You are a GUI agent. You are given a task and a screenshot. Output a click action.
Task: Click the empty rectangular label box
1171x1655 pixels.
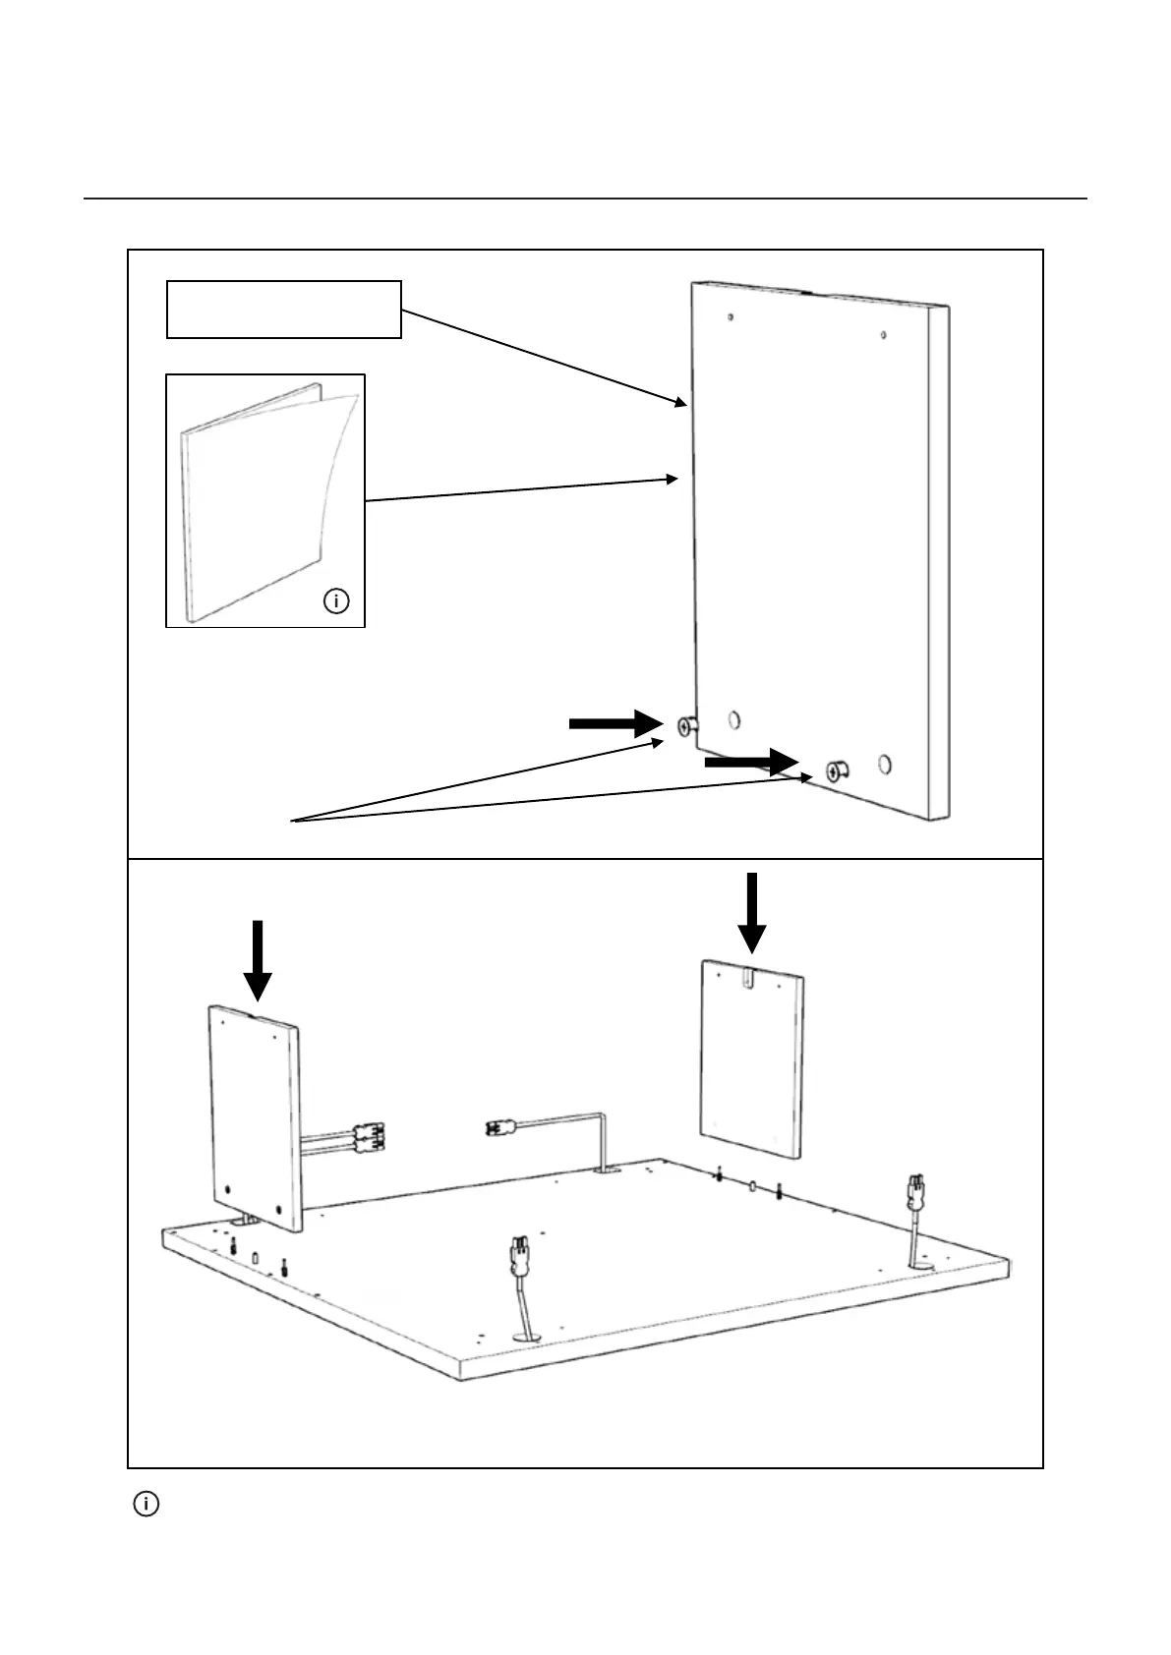click(284, 310)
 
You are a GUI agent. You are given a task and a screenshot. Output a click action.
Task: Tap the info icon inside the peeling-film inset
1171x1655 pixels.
click(336, 600)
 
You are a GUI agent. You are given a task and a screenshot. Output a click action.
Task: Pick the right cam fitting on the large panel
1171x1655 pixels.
click(839, 770)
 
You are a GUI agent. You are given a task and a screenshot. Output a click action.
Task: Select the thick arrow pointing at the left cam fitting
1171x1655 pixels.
click(615, 724)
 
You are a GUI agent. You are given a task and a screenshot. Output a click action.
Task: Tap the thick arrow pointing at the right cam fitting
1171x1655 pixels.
click(750, 762)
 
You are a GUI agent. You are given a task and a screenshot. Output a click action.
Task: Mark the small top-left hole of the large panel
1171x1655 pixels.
click(732, 317)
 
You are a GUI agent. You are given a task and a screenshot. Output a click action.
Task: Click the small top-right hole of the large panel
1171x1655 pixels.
click(884, 335)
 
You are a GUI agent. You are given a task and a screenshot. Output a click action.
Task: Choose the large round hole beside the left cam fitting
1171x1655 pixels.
click(733, 719)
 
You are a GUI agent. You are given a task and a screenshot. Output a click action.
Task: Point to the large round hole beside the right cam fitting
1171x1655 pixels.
click(885, 764)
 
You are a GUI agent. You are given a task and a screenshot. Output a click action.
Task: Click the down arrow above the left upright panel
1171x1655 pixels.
click(258, 959)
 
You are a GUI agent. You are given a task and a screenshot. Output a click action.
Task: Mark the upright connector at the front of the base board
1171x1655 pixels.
click(519, 1256)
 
